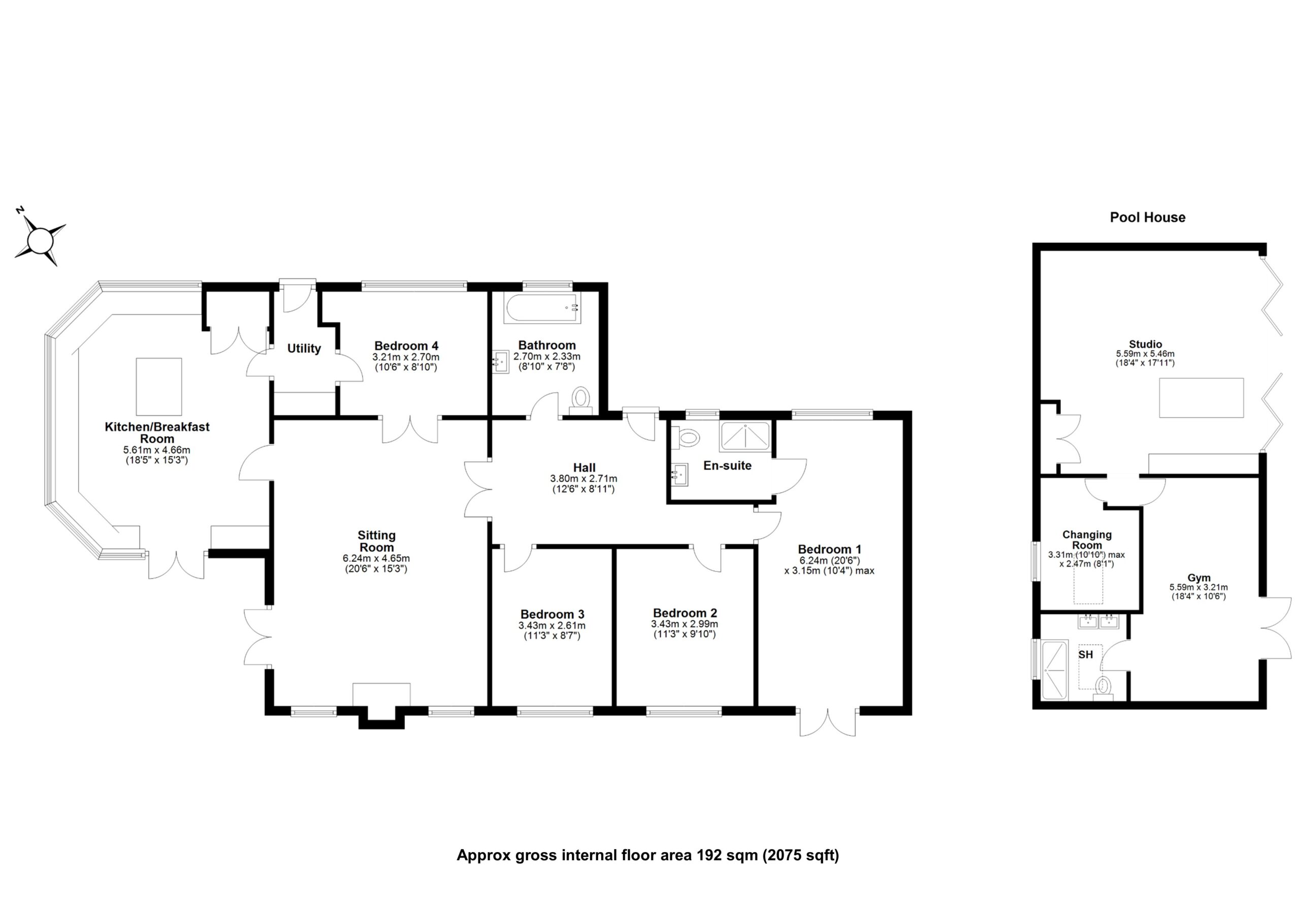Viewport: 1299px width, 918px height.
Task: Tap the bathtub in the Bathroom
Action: [x=542, y=308]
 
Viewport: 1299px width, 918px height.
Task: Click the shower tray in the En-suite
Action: [x=744, y=437]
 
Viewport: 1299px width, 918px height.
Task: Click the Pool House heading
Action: [x=1147, y=217]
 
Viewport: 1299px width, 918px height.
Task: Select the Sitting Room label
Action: [x=376, y=541]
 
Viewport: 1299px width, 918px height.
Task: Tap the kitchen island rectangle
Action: [x=159, y=386]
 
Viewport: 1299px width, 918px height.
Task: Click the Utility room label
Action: [x=304, y=348]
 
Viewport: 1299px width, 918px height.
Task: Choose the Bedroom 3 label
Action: [x=552, y=614]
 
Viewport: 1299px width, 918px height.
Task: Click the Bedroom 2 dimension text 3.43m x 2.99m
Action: [x=685, y=624]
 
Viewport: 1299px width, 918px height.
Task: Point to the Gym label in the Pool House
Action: [x=1199, y=578]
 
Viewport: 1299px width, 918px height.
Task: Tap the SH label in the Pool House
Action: [x=1085, y=654]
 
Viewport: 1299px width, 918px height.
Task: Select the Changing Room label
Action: [x=1086, y=540]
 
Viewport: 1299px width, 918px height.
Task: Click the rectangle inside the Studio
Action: [x=1201, y=398]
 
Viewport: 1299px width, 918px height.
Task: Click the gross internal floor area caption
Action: [x=648, y=855]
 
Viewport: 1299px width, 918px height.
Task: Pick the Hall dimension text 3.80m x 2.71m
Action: [x=584, y=478]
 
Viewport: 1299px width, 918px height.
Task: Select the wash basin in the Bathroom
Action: [x=501, y=360]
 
